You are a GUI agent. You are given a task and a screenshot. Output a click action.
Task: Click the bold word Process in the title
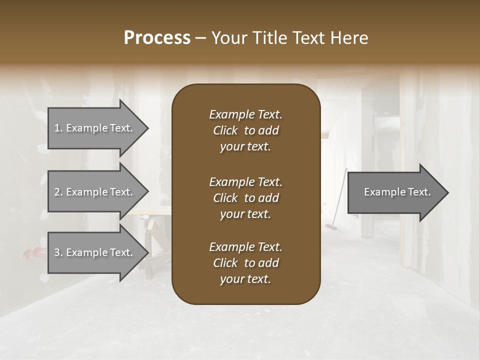[x=157, y=38]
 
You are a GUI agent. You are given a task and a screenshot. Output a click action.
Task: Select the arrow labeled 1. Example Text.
[x=95, y=128]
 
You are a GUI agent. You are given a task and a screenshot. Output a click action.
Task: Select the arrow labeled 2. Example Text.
[x=95, y=192]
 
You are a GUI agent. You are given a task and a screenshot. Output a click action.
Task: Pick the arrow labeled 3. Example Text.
[x=95, y=252]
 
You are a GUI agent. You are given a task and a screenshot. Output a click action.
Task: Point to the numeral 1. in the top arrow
[x=58, y=128]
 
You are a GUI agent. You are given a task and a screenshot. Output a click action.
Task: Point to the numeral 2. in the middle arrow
[x=58, y=192]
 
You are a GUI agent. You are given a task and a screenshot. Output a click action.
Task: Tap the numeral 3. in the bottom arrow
[x=58, y=252]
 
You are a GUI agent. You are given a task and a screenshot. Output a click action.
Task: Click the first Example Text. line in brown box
[x=245, y=114]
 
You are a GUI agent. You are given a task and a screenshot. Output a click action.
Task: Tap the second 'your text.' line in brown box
[x=245, y=214]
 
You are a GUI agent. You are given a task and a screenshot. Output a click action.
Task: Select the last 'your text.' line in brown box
[x=245, y=279]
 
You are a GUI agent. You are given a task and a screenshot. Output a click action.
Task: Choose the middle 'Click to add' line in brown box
[x=245, y=198]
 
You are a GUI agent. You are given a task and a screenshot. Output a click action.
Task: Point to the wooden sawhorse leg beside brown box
[x=148, y=250]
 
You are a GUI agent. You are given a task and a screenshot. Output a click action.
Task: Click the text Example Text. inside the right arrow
[x=397, y=192]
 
